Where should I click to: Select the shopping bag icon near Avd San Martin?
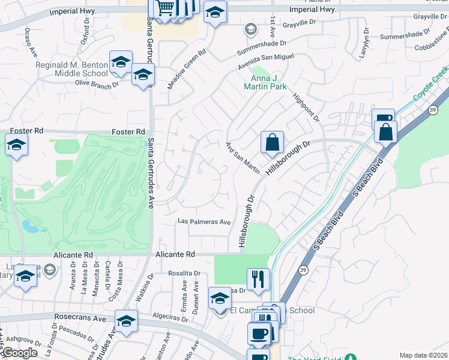pyautogui.click(x=272, y=143)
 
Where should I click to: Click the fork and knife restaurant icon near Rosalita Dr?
pyautogui.click(x=258, y=279)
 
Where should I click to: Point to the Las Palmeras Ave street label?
pyautogui.click(x=205, y=222)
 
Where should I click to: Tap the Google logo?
pyautogui.click(x=19, y=353)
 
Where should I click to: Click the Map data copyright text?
pyautogui.click(x=423, y=355)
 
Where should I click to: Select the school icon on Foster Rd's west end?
pyautogui.click(x=16, y=145)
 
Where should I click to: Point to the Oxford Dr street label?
pyautogui.click(x=85, y=37)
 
